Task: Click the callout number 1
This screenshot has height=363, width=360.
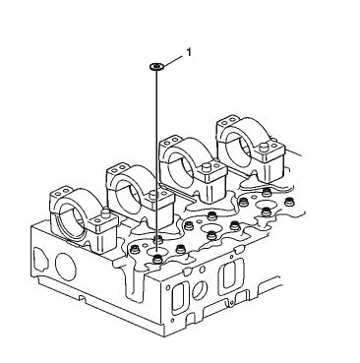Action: tap(189, 52)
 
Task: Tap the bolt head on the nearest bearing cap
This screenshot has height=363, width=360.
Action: tap(105, 213)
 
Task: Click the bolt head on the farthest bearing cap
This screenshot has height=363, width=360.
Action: tap(264, 148)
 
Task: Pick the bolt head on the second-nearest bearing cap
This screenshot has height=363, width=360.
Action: tap(153, 195)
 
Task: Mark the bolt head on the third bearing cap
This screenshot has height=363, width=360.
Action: tap(207, 167)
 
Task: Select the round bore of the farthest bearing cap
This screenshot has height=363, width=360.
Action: tap(239, 148)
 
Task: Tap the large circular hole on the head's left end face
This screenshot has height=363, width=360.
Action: tap(66, 267)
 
